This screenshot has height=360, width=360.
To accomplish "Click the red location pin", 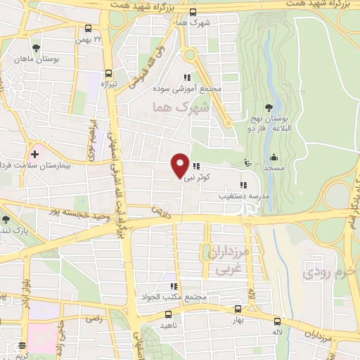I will point(180,165).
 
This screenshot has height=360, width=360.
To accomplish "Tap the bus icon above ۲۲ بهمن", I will point(88,30).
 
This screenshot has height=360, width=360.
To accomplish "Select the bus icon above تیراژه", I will point(108,73).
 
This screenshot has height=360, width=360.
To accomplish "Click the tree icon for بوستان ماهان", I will point(36,48).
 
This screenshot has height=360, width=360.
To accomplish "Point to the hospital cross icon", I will point(34,153).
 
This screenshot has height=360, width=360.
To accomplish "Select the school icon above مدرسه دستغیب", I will point(243,186).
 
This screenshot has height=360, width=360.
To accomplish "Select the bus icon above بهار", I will point(238,309).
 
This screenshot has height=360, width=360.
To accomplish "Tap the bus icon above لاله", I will point(277,321).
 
